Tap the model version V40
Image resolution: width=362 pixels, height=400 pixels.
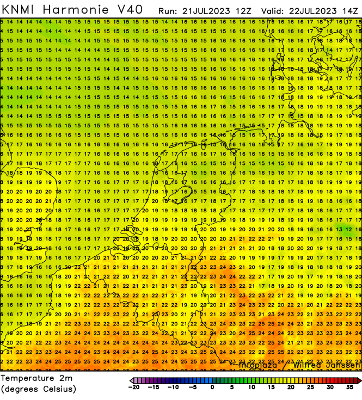pyautogui.click(x=130, y=9)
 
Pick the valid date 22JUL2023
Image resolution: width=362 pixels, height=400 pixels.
pyautogui.click(x=311, y=10)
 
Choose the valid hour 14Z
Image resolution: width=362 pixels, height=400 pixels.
pyautogui.click(x=351, y=10)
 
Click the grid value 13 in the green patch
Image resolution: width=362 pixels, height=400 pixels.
pyautogui.click(x=339, y=230)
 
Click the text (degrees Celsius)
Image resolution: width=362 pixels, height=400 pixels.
pyautogui.click(x=39, y=389)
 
